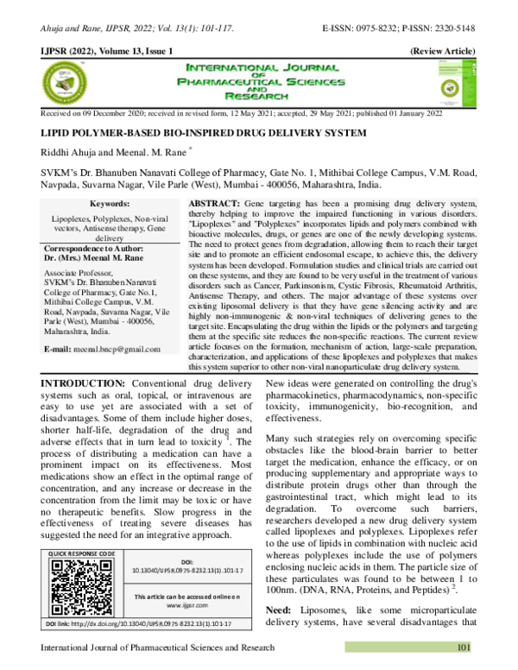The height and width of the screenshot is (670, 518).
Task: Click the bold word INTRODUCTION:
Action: click(x=70, y=408)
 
